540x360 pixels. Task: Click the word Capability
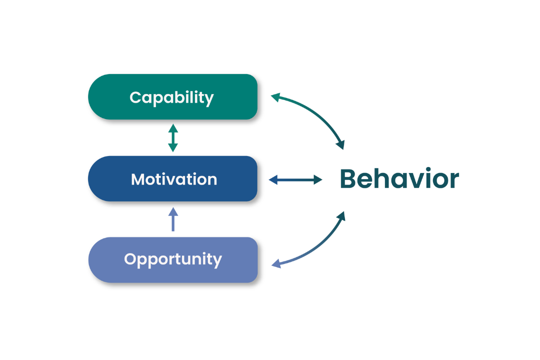pyautogui.click(x=171, y=97)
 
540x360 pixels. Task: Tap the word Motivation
pyautogui.click(x=174, y=179)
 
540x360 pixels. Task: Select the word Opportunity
pyautogui.click(x=173, y=259)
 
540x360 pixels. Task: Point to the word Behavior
pyautogui.click(x=399, y=179)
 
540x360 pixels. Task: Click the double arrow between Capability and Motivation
pyautogui.click(x=173, y=137)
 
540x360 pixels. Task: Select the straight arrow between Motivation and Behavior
pyautogui.click(x=295, y=179)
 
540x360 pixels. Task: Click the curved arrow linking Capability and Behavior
pyautogui.click(x=315, y=112)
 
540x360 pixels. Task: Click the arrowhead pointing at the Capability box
pyautogui.click(x=274, y=97)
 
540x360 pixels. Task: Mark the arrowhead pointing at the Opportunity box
pyautogui.click(x=275, y=263)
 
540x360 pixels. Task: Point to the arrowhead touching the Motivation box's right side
pyautogui.click(x=272, y=179)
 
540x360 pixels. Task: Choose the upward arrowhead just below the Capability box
pyautogui.click(x=173, y=128)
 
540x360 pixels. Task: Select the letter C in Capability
pyautogui.click(x=135, y=97)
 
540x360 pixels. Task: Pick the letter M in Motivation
pyautogui.click(x=138, y=179)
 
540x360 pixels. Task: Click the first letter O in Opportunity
pyautogui.click(x=130, y=259)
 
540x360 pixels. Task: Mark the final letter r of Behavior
pyautogui.click(x=453, y=180)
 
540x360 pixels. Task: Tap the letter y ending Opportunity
pyautogui.click(x=217, y=261)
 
